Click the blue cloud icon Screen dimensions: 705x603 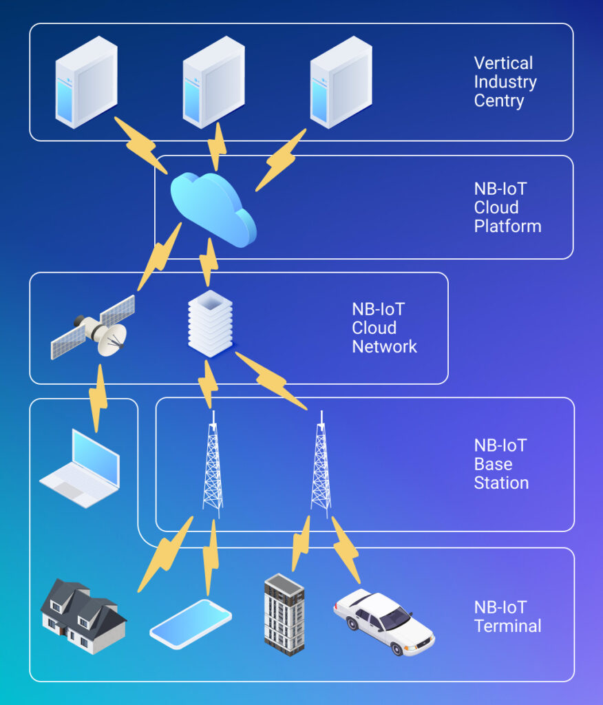coord(213,209)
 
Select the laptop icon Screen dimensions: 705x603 coord(81,468)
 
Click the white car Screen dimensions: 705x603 coord(383,620)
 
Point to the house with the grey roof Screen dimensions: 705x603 coord(83,616)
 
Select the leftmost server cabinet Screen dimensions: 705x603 coord(86,82)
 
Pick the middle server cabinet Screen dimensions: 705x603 coord(213,82)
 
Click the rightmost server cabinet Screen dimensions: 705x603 coord(341,82)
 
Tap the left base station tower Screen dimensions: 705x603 coord(213,465)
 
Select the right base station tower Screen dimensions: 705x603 coord(321,465)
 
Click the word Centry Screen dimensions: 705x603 coord(499,101)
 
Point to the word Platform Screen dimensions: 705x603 coord(507,226)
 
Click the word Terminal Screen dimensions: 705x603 coord(507,626)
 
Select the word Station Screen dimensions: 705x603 coord(501,483)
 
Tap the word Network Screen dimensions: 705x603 coord(384,346)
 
